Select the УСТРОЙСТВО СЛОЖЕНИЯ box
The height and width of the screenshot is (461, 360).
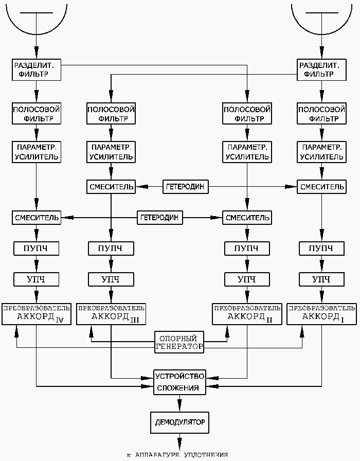(x=179, y=382)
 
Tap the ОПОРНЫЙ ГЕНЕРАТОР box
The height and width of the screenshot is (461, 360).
(x=179, y=342)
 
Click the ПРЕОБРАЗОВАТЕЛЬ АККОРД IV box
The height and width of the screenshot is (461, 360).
(x=36, y=314)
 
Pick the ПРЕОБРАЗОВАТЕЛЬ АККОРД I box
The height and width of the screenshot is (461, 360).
(x=321, y=314)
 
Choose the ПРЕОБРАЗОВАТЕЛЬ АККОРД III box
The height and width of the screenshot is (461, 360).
(x=111, y=314)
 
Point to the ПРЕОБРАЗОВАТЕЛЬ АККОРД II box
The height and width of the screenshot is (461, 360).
(x=247, y=314)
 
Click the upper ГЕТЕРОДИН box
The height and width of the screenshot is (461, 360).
(x=186, y=186)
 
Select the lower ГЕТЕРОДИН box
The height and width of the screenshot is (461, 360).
(x=159, y=218)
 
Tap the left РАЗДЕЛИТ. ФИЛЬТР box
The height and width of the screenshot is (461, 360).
(x=36, y=69)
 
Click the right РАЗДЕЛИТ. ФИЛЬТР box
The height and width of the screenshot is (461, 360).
(x=321, y=69)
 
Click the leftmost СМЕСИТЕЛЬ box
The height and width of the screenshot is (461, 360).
(x=36, y=218)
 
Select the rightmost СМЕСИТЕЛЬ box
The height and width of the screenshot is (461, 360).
(x=321, y=186)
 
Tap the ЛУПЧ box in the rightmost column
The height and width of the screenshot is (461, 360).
(x=321, y=249)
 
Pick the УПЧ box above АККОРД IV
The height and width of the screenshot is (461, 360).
(x=36, y=279)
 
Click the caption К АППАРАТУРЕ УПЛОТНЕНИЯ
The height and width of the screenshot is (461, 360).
(x=177, y=455)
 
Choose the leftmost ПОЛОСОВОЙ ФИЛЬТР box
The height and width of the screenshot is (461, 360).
(x=36, y=114)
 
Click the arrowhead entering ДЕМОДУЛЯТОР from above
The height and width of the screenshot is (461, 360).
(x=179, y=407)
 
